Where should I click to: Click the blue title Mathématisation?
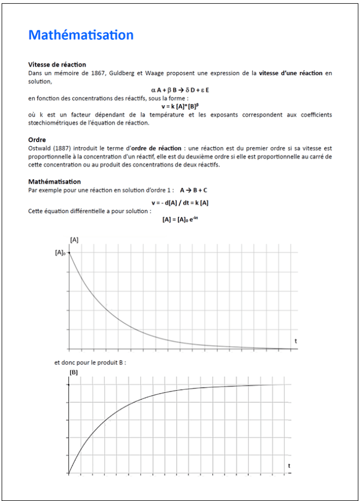coord(81,35)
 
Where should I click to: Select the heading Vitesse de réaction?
coord(57,64)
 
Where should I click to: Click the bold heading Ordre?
coord(37,140)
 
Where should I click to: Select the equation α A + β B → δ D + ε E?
coord(180,89)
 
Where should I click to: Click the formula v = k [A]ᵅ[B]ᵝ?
coord(180,107)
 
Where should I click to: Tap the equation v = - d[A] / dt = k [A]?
coord(180,203)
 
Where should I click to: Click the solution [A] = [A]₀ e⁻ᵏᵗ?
coord(180,219)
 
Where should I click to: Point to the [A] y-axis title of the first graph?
coord(74,240)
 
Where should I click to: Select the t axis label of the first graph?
coord(296,341)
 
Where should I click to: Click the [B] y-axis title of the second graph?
coord(74,372)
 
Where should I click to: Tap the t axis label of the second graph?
coord(289,466)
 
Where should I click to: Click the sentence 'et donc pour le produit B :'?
coord(90,362)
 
